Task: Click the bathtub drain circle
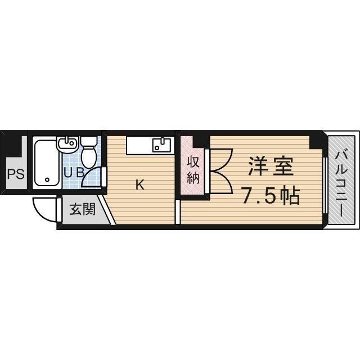pos(47,180)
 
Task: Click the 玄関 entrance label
pos(82,210)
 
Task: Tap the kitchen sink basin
pos(161,145)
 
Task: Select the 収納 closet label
pos(193,170)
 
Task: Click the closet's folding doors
pos(219,169)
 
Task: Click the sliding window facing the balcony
pos(325,186)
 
